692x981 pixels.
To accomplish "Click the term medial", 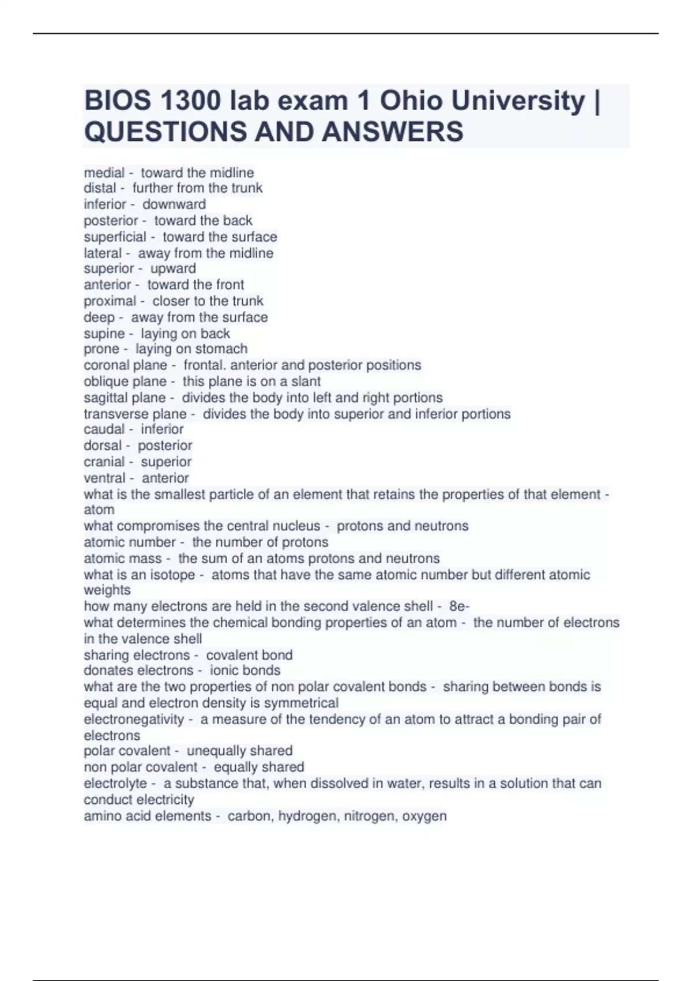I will [104, 173].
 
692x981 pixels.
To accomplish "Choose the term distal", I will [100, 188].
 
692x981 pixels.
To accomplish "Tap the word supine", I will [104, 334].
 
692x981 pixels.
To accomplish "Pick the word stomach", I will [221, 349].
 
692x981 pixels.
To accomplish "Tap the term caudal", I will [104, 429].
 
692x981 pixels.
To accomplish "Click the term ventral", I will [104, 478].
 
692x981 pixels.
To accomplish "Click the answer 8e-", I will [459, 606].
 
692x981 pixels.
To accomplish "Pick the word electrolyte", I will [115, 784].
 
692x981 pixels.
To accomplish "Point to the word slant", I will [306, 381].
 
